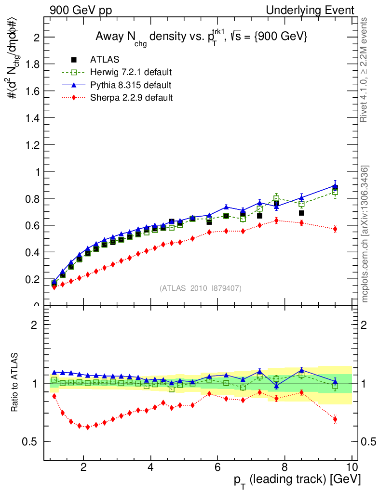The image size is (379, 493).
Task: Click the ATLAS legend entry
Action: (x=105, y=60)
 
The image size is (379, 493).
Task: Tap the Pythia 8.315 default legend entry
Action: (x=131, y=85)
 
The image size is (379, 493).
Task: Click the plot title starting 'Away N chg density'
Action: (x=201, y=38)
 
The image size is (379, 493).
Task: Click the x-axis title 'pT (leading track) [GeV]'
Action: (x=297, y=480)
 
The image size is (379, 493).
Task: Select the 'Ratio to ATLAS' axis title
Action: (x=14, y=383)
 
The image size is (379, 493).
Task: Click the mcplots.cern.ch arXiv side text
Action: (x=365, y=234)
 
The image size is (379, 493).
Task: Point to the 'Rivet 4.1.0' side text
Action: (x=365, y=70)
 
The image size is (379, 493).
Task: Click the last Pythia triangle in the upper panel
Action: (x=335, y=185)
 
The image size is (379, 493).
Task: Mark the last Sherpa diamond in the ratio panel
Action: (x=335, y=419)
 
